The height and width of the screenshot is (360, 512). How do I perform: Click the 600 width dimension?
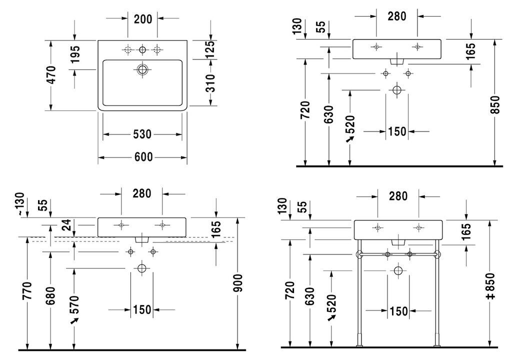click(143, 157)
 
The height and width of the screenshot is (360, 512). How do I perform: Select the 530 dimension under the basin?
click(142, 134)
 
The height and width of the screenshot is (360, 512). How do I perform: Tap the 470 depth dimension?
click(51, 75)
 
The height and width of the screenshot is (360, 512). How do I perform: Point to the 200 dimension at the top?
click(143, 19)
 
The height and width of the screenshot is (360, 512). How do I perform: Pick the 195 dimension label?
click(75, 54)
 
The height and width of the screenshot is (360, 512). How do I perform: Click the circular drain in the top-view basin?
click(142, 69)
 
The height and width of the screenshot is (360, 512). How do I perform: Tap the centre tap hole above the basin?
click(142, 49)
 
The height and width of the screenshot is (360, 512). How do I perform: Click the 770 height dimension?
click(27, 290)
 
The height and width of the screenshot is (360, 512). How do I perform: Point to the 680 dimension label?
click(50, 295)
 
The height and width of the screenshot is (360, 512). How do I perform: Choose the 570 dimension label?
click(74, 304)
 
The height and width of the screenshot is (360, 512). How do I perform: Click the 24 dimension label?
click(66, 225)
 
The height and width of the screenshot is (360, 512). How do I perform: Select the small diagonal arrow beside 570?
click(75, 321)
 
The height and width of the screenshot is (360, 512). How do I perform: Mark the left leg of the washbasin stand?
click(359, 293)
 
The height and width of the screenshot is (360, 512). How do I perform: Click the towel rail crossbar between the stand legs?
click(398, 254)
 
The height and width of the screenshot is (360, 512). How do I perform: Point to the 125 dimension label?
click(211, 49)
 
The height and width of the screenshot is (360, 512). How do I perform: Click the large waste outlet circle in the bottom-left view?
click(141, 268)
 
